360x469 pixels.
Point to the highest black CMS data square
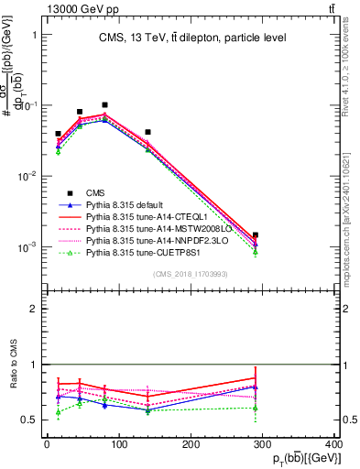(x=104, y=105)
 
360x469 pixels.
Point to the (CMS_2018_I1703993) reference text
(x=191, y=274)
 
